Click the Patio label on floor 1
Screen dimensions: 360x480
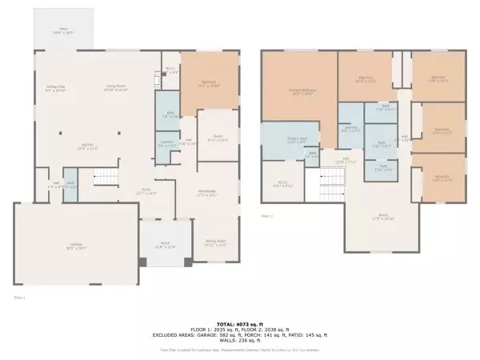pos(62,32)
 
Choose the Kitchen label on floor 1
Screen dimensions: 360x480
pos(86,146)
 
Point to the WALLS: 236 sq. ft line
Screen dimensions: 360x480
pos(240,339)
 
